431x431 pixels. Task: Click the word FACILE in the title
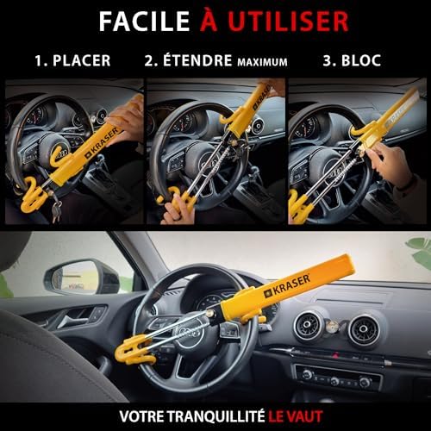[x=144, y=22]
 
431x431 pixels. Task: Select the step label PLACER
[x=82, y=60]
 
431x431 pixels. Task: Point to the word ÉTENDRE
[x=197, y=60]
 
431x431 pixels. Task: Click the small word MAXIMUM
[x=262, y=62]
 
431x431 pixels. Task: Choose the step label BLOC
[x=361, y=60]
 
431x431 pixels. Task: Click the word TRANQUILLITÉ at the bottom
[x=215, y=416]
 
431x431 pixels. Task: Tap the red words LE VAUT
[x=296, y=416]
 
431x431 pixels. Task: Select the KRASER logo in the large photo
[x=287, y=286]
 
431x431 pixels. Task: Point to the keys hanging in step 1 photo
[x=56, y=209]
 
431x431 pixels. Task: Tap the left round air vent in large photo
[x=307, y=325]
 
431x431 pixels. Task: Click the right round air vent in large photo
[x=363, y=329]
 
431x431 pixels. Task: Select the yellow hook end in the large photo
[x=134, y=350]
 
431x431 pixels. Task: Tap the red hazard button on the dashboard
[x=335, y=355]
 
